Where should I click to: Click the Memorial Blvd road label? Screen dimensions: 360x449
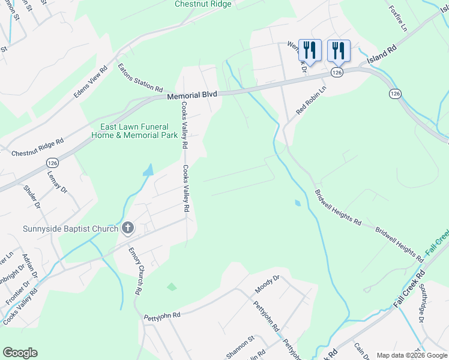[191, 95]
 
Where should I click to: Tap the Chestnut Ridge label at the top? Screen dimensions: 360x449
[203, 4]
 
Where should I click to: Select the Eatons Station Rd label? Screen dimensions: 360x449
[140, 78]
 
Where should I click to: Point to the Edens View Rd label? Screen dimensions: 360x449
[90, 82]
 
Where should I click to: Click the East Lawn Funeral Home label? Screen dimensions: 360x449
[134, 131]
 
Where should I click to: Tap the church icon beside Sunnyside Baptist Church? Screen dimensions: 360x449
[127, 227]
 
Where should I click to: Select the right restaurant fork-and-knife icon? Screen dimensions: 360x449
[339, 50]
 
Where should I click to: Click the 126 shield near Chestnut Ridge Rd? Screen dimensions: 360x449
[53, 161]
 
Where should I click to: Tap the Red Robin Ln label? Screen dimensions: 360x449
[311, 100]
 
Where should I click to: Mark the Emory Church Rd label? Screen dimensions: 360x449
[135, 271]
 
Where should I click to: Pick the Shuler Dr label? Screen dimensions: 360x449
[32, 197]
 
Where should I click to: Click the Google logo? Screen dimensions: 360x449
[20, 353]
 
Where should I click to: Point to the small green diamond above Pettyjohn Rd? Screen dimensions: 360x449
[172, 287]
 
